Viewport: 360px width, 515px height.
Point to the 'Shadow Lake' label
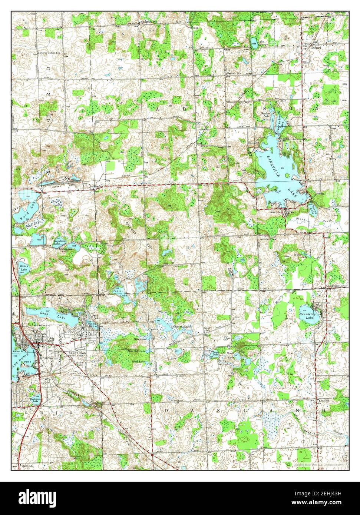(x=266, y=115)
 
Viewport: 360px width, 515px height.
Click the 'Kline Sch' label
(x=324, y=401)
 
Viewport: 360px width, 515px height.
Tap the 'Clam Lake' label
(x=215, y=353)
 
